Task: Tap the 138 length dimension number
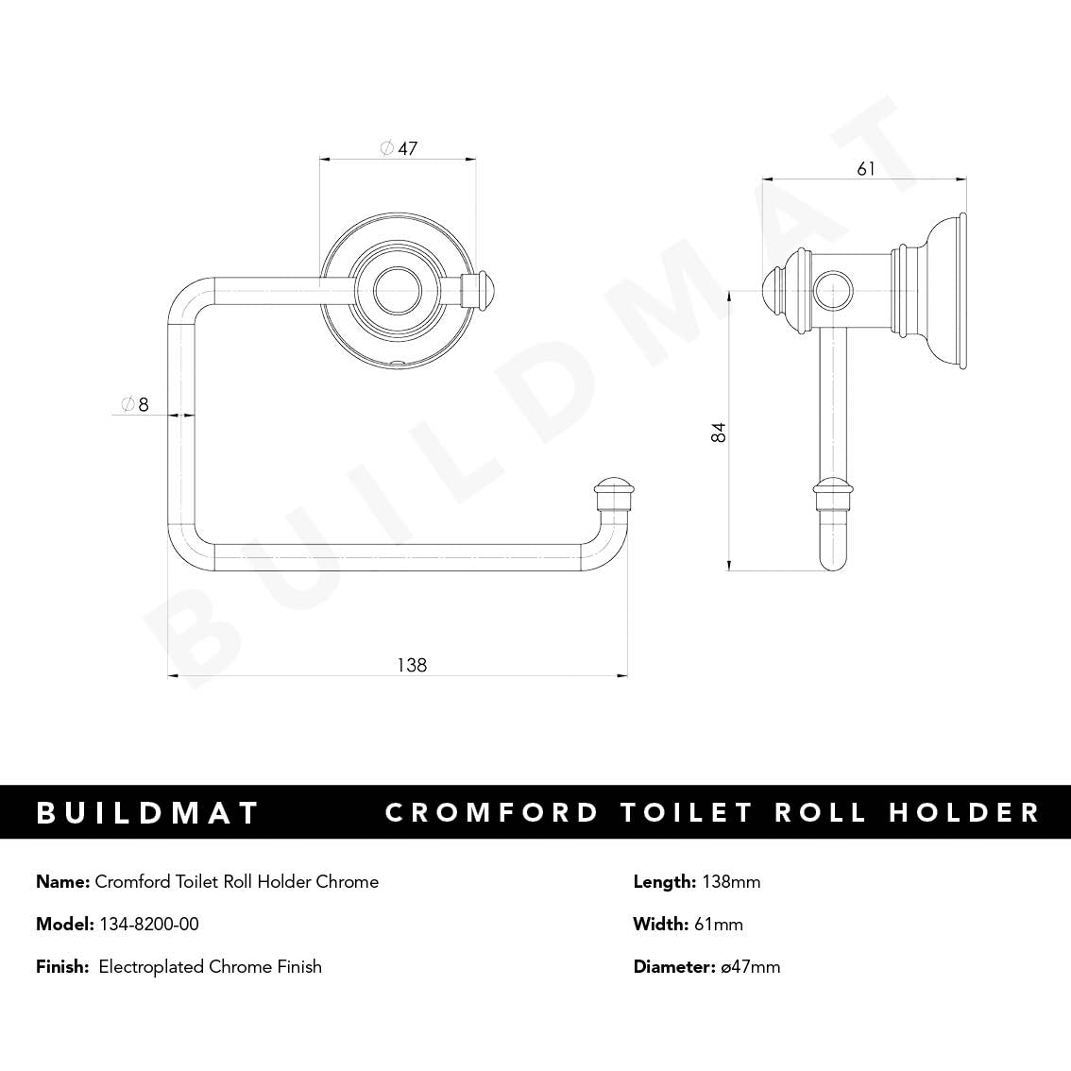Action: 411,665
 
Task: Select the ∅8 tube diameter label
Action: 135,404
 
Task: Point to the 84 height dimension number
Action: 720,433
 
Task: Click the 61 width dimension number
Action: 866,169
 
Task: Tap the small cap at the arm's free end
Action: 614,491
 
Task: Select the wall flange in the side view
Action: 947,290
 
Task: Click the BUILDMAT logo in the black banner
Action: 148,812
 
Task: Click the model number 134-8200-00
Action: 149,924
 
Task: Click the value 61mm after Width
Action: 719,924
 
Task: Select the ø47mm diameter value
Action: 750,966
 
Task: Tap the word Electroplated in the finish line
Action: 151,966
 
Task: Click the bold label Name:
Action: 63,881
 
